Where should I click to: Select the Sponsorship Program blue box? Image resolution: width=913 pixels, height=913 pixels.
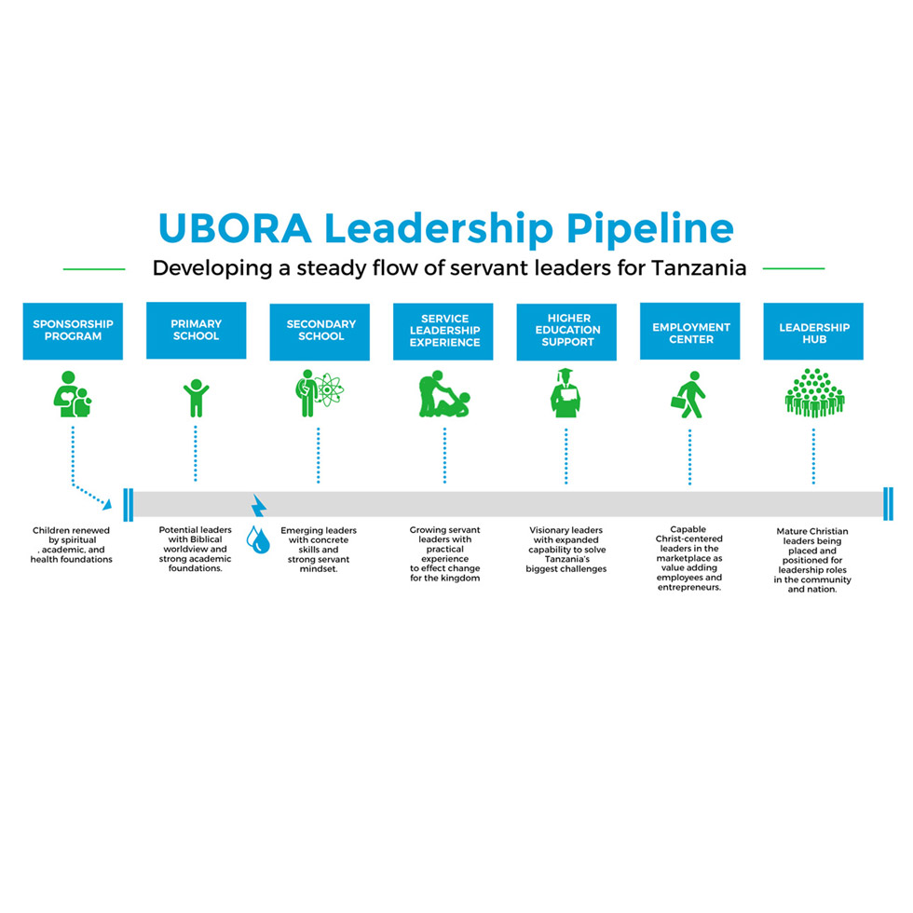pos(73,331)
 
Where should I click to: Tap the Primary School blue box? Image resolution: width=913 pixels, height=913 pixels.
pos(196,331)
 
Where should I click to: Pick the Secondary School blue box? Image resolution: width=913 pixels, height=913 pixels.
pos(320,331)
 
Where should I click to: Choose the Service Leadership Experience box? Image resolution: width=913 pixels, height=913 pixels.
pos(443,331)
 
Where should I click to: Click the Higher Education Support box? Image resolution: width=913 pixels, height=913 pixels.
pos(566,331)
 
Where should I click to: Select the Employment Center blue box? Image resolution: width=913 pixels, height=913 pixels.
pos(689,331)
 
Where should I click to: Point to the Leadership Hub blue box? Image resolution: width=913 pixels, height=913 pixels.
pos(813,331)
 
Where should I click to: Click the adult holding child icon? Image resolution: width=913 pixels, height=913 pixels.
pos(72,394)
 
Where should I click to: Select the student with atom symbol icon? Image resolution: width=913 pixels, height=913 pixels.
pos(319,392)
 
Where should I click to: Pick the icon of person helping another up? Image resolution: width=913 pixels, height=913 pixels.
pos(443,394)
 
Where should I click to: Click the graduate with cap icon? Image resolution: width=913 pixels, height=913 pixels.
pos(566,392)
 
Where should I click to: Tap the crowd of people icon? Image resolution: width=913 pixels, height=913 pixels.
pos(813,392)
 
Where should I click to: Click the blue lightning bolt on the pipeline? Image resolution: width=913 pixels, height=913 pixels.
pos(259,507)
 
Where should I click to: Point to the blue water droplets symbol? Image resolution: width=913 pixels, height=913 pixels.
pos(257,539)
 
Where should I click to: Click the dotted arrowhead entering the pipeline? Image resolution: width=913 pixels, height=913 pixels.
pos(107,504)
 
